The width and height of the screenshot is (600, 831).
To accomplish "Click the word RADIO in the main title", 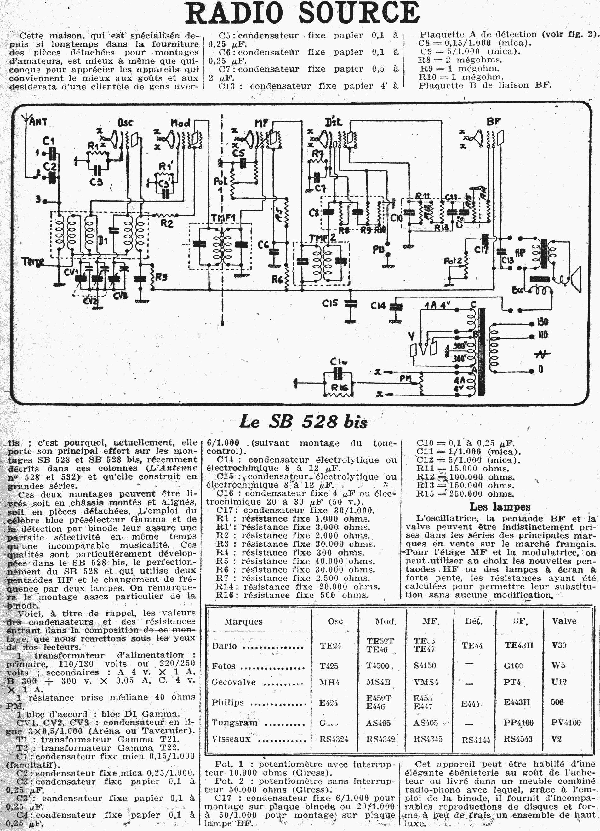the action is click(x=234, y=13).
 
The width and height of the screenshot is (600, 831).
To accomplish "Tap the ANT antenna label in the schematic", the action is click(x=38, y=121).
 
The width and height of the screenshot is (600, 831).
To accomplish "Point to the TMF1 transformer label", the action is click(x=223, y=218).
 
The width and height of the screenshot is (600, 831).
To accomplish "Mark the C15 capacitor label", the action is click(x=330, y=303).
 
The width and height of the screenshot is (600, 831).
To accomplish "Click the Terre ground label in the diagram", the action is click(x=33, y=262).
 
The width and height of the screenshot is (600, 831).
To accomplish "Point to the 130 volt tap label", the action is click(x=542, y=322).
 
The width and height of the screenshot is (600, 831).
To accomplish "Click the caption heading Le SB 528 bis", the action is click(x=303, y=422).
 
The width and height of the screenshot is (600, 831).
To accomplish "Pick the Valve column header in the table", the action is click(x=564, y=621).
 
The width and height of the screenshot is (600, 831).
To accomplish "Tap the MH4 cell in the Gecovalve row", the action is click(x=329, y=682).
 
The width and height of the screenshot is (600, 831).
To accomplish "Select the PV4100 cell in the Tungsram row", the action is click(x=566, y=723).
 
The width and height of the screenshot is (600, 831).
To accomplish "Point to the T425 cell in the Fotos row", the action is click(x=329, y=666).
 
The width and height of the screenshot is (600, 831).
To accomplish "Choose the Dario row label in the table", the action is click(x=224, y=646).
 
